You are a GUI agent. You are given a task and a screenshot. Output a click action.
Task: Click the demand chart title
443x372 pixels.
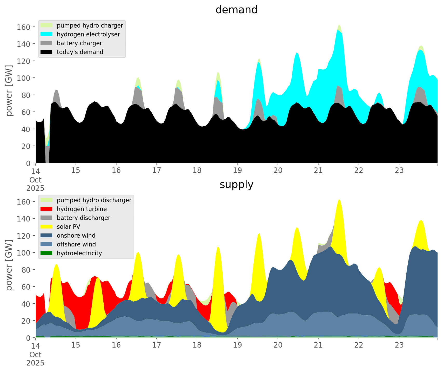[236, 10]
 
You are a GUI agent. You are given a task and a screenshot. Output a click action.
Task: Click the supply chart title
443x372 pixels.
[236, 185]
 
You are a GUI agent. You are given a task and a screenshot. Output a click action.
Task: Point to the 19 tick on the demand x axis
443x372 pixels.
[237, 171]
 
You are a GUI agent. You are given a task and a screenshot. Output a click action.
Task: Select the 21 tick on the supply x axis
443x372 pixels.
[318, 345]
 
